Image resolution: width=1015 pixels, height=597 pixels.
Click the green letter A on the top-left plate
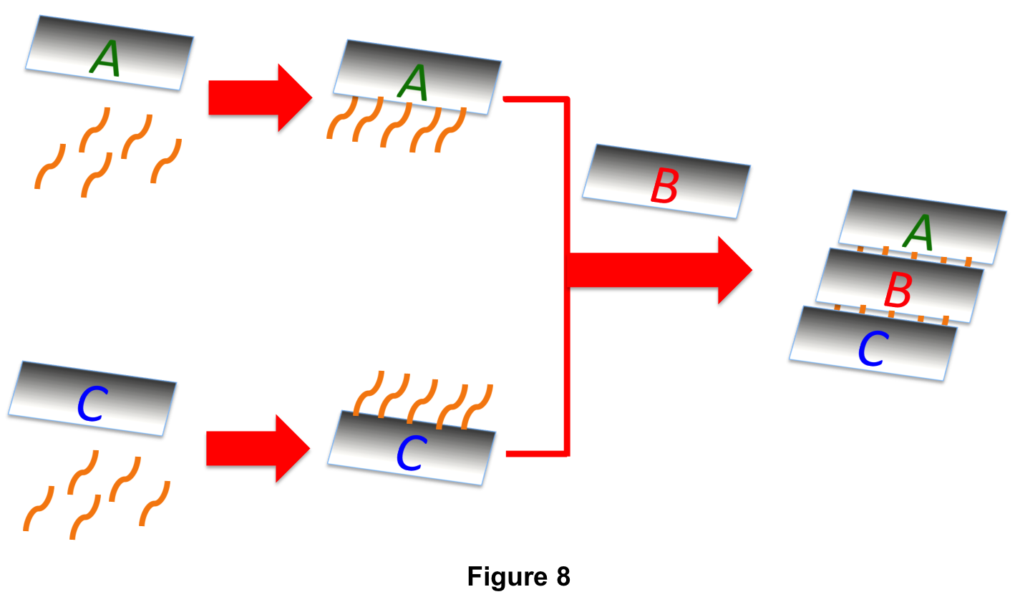105,59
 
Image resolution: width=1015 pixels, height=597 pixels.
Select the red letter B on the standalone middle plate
664,188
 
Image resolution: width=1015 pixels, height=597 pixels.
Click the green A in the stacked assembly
918,233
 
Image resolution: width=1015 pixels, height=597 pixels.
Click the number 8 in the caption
561,576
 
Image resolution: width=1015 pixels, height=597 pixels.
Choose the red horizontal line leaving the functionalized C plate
537,453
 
